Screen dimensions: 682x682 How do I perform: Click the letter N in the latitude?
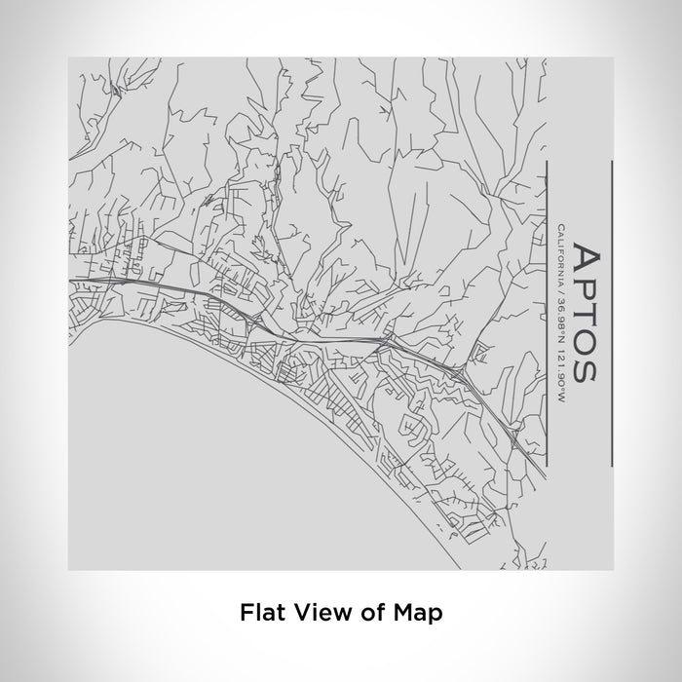click(562, 328)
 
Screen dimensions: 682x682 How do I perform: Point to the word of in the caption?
click(360, 613)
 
